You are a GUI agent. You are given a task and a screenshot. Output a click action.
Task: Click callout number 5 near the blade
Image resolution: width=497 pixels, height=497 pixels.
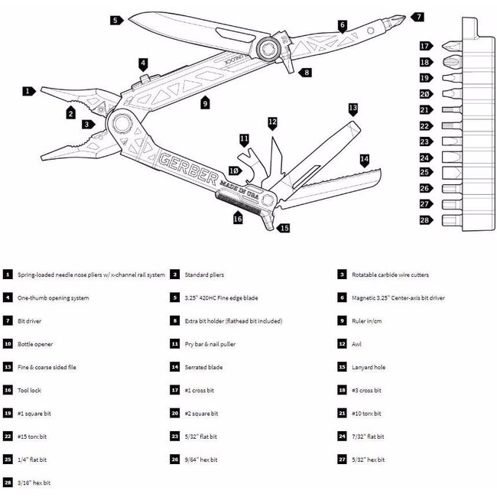115,20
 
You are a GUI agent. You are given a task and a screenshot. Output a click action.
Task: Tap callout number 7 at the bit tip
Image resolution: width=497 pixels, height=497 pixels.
417,15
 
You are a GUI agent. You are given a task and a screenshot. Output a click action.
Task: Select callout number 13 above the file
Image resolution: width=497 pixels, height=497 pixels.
352,109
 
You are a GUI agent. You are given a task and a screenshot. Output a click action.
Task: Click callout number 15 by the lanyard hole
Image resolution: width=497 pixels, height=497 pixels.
284,227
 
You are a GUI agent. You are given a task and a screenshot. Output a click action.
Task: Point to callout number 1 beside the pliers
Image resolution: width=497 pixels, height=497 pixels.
29,91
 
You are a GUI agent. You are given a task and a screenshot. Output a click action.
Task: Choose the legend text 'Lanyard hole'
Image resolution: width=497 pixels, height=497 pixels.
370,367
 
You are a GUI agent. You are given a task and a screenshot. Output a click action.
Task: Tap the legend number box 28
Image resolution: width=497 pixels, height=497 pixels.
8,482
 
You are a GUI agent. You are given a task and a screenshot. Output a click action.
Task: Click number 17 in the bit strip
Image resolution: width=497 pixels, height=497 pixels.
425,47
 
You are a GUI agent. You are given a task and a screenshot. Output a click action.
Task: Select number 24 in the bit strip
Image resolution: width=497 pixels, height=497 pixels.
425,158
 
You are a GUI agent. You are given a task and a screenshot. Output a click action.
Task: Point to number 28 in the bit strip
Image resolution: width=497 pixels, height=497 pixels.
425,220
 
